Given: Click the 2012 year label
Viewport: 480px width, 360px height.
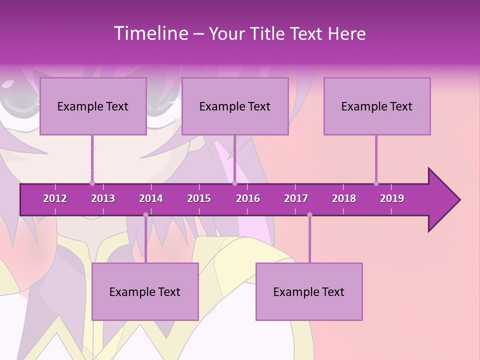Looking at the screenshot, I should pos(55,198).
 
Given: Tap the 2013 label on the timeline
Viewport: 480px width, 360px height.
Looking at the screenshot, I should pos(103,198).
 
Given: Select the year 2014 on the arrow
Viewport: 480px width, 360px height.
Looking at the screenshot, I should pos(151,198).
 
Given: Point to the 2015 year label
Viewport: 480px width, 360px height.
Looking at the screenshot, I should pos(199,198).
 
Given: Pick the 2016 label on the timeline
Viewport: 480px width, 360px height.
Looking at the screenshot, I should pos(248,198).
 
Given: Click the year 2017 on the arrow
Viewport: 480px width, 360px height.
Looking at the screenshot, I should pos(296,198).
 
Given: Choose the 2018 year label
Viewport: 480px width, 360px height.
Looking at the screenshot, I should pos(344,198).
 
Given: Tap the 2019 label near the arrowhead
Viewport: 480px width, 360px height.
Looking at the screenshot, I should pos(392,198).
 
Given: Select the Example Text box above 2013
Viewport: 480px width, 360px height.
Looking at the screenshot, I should pos(93,106).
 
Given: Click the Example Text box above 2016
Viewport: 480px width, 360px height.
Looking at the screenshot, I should pos(235,106).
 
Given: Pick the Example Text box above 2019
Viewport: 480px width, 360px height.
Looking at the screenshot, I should pos(377,106).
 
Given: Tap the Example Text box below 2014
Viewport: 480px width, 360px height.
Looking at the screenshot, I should pos(145,291).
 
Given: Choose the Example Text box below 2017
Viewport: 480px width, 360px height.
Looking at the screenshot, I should pos(309,291).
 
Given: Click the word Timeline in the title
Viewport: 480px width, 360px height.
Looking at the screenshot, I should pos(150,33).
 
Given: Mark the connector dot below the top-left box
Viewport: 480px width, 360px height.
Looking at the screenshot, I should pos(92,183).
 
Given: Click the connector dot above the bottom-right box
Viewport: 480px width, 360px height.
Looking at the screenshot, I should pos(309,215).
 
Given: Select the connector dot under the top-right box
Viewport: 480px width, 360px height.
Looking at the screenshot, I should pos(376,183).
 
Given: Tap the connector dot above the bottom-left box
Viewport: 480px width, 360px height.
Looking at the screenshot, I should pos(145,215).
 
